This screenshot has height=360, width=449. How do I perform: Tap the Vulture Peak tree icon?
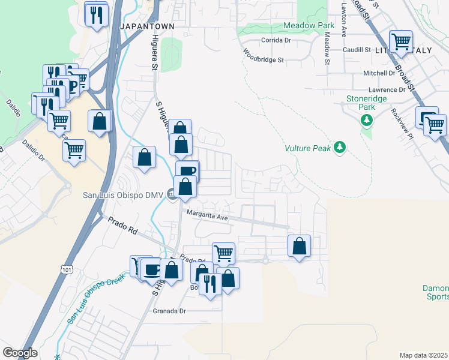(x=340, y=147)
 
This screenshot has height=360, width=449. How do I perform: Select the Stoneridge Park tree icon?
(x=366, y=121)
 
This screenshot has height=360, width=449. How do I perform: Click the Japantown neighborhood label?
(x=147, y=27)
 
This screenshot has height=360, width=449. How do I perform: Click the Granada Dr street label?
(x=170, y=311)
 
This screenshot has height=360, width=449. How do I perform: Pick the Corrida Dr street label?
(x=276, y=40)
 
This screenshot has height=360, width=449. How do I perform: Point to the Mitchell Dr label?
(x=379, y=73)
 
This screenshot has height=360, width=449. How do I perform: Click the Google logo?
(x=20, y=353)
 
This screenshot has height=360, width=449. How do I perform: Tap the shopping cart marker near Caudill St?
(x=400, y=42)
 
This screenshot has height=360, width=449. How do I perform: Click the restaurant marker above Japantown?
(x=96, y=14)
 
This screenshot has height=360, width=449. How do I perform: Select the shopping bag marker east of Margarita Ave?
(x=299, y=246)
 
